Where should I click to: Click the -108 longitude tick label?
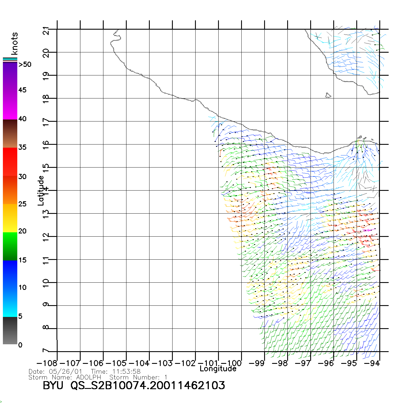click(x=47, y=363)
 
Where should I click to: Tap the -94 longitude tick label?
click(x=372, y=363)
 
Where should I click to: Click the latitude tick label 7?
click(x=46, y=351)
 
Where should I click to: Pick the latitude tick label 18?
click(x=46, y=99)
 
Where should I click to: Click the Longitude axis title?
click(x=218, y=369)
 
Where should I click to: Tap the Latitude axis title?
click(x=41, y=191)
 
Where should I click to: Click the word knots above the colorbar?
click(x=14, y=43)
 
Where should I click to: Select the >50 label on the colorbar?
click(x=25, y=64)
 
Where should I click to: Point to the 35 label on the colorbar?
click(x=22, y=147)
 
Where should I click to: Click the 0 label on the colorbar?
click(x=20, y=345)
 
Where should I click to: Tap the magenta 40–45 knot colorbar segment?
click(x=10, y=105)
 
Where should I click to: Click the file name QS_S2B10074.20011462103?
click(x=148, y=385)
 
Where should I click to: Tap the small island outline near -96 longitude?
click(x=328, y=95)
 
